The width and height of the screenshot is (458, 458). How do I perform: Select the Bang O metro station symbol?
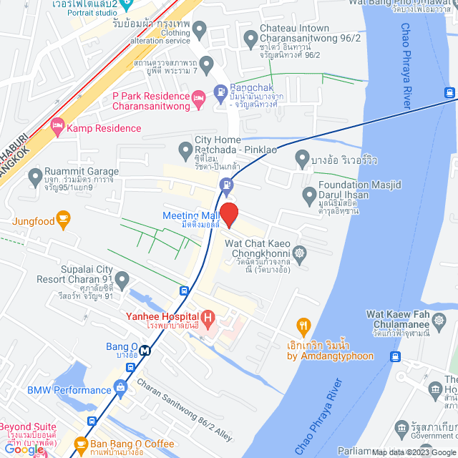145,351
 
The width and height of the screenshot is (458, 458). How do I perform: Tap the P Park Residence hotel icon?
200,97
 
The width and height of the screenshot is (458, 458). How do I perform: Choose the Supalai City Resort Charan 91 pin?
122,278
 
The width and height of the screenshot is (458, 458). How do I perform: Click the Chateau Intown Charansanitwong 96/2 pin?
250,36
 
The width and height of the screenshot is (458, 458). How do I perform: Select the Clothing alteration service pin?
200,31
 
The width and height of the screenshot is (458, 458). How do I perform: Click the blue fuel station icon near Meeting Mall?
226,184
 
